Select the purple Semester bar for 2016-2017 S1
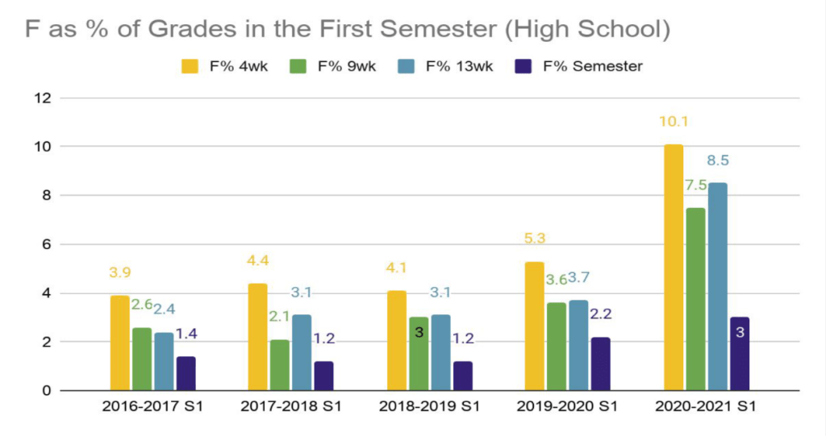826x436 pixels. click(186, 373)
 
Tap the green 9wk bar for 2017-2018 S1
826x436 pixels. click(280, 365)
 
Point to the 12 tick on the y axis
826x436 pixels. click(41, 98)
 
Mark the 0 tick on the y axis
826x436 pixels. click(46, 391)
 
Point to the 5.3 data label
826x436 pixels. click(536, 239)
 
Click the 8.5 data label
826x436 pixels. click(717, 160)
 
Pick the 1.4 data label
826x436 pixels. click(187, 334)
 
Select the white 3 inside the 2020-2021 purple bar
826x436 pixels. click(739, 332)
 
